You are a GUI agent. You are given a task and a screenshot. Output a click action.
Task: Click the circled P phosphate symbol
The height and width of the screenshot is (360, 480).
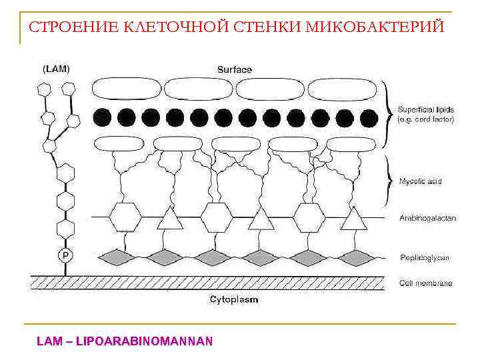pyautogui.click(x=65, y=255)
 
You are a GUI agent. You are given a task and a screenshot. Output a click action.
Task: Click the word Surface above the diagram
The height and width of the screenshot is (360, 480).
pyautogui.click(x=235, y=69)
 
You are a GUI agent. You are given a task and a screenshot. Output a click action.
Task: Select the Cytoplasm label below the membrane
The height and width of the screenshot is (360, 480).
pyautogui.click(x=234, y=300)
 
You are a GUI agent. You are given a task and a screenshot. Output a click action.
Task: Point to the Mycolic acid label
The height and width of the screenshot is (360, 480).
pyautogui.click(x=420, y=181)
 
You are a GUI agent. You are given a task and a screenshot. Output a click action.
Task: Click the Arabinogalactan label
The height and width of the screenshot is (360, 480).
pyautogui.click(x=427, y=218)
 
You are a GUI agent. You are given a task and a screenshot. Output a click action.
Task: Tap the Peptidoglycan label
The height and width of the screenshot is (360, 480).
pyautogui.click(x=425, y=257)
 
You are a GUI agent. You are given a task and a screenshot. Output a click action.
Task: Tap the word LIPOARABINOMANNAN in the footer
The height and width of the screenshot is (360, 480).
pyautogui.click(x=145, y=341)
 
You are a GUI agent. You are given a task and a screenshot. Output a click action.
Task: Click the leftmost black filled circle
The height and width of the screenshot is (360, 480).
pyautogui.click(x=101, y=117)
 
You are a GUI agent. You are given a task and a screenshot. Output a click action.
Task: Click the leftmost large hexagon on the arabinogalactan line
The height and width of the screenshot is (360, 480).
pyautogui.click(x=125, y=217)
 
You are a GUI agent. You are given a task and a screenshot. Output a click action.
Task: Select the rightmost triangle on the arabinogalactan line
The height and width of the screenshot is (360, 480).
pyautogui.click(x=353, y=218)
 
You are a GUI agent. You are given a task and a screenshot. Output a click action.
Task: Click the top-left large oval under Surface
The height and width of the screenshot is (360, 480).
pyautogui.click(x=126, y=89)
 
